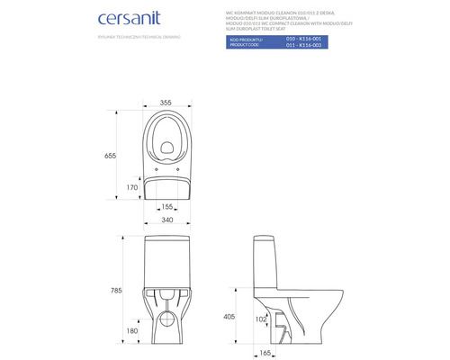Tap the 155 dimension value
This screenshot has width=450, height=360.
click(x=166, y=206)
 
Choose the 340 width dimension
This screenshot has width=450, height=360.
click(x=167, y=219)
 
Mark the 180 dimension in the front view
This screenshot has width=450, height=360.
click(x=133, y=332)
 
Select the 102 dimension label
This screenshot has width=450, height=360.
click(x=260, y=319)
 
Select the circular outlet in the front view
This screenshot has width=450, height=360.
click(x=167, y=319)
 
